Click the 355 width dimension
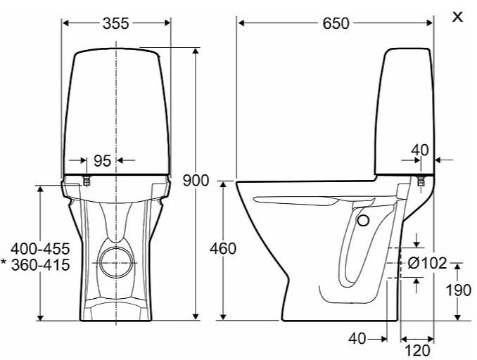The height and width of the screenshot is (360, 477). [x=116, y=23]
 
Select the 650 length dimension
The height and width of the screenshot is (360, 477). [x=336, y=23]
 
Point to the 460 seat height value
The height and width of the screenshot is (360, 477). [x=223, y=248]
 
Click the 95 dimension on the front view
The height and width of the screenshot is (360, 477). [x=102, y=160]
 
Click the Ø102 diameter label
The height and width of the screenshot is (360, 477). [x=428, y=263]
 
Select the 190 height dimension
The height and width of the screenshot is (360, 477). [x=459, y=290]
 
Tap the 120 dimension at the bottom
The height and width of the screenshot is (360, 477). [x=418, y=350]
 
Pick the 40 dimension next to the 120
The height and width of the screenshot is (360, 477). [x=357, y=339]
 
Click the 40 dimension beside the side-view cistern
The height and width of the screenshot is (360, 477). [x=419, y=149]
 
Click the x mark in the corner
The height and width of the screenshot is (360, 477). [x=458, y=16]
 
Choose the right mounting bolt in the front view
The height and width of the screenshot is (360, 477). [x=146, y=181]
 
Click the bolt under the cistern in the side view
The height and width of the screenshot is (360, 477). [x=420, y=181]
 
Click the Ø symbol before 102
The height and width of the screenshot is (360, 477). [x=414, y=263]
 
